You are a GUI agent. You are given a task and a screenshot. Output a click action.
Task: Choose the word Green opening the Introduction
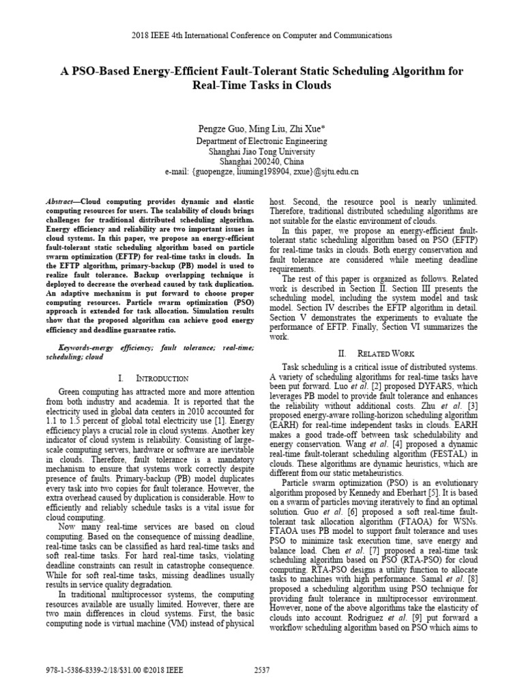[x=72, y=393]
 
